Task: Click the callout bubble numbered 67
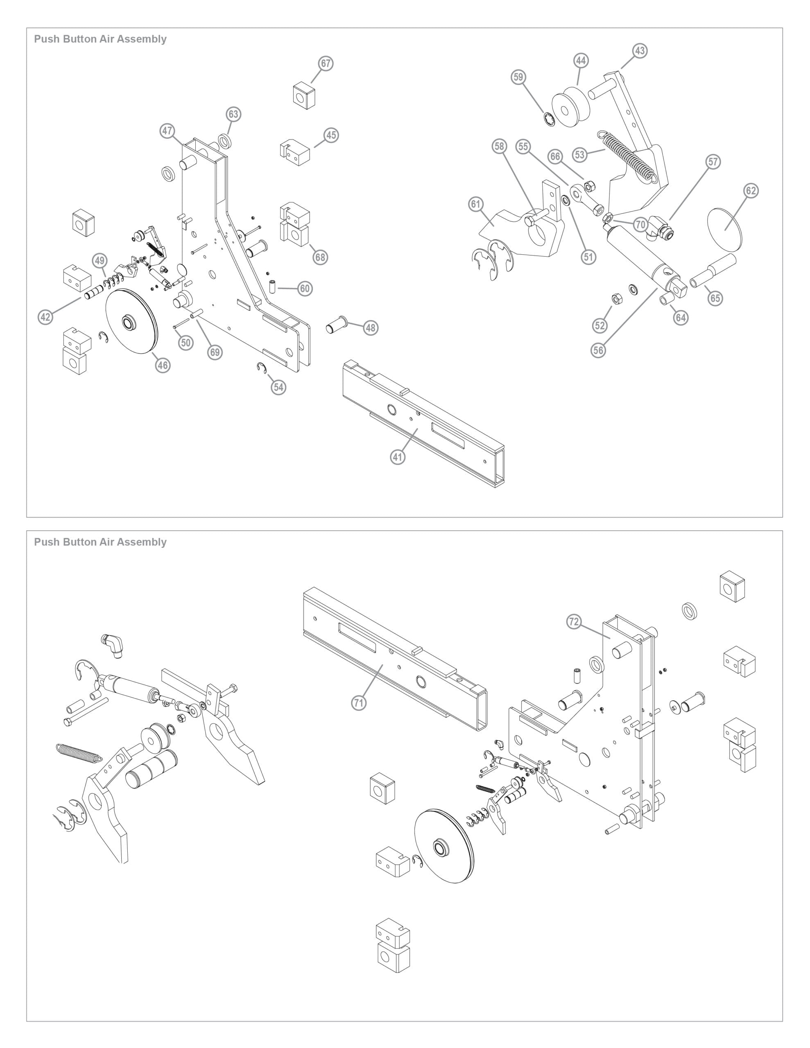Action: point(326,63)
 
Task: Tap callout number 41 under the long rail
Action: point(398,457)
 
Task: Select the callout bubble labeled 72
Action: point(574,622)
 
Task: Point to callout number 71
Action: point(359,703)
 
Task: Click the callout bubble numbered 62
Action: point(751,190)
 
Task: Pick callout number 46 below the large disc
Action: point(163,365)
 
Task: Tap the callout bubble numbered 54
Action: point(278,387)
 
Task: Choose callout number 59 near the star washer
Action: point(518,77)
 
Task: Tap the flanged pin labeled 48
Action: point(337,324)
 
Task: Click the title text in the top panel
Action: point(100,39)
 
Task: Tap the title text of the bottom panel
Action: point(100,542)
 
